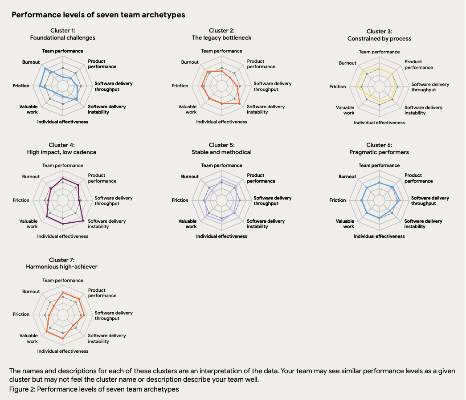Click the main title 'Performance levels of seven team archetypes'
[98, 15]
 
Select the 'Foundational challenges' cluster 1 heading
[63, 38]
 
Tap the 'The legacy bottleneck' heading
[221, 38]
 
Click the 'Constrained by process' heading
[379, 39]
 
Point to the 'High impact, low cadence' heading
[62, 152]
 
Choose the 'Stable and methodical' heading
[221, 152]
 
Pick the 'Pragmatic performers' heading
[379, 152]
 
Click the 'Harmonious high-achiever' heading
[62, 267]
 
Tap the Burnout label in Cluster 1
[31, 62]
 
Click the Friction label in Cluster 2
[180, 86]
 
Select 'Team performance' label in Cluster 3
[379, 52]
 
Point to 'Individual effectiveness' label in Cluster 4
[63, 236]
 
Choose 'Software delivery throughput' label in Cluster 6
[429, 200]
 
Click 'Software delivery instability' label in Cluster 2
[266, 109]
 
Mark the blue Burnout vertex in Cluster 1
[45, 69]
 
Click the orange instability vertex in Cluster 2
[240, 104]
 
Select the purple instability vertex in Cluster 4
[83, 220]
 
